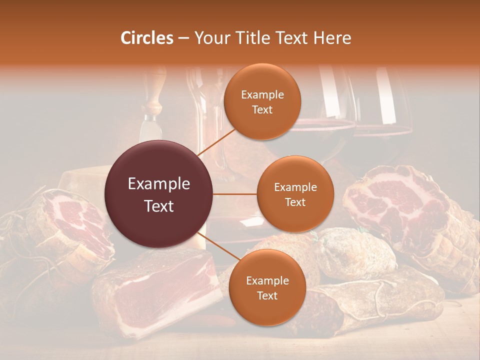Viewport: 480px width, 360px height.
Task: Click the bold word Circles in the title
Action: [x=146, y=38]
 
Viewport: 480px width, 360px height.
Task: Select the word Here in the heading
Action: [x=332, y=38]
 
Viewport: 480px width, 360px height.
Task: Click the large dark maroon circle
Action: [x=159, y=194]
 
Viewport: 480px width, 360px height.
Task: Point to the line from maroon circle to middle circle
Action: [x=234, y=194]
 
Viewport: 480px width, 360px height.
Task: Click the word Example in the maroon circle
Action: [x=159, y=184]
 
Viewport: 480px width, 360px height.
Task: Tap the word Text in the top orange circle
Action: [x=262, y=110]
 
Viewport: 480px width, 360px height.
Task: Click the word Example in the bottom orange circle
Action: [x=267, y=281]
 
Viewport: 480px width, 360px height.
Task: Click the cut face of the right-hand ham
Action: [x=395, y=200]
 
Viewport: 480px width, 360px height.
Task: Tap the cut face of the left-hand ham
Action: [x=75, y=225]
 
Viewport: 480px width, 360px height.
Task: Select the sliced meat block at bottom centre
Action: [x=160, y=290]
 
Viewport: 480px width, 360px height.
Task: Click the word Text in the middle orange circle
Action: [x=295, y=202]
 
